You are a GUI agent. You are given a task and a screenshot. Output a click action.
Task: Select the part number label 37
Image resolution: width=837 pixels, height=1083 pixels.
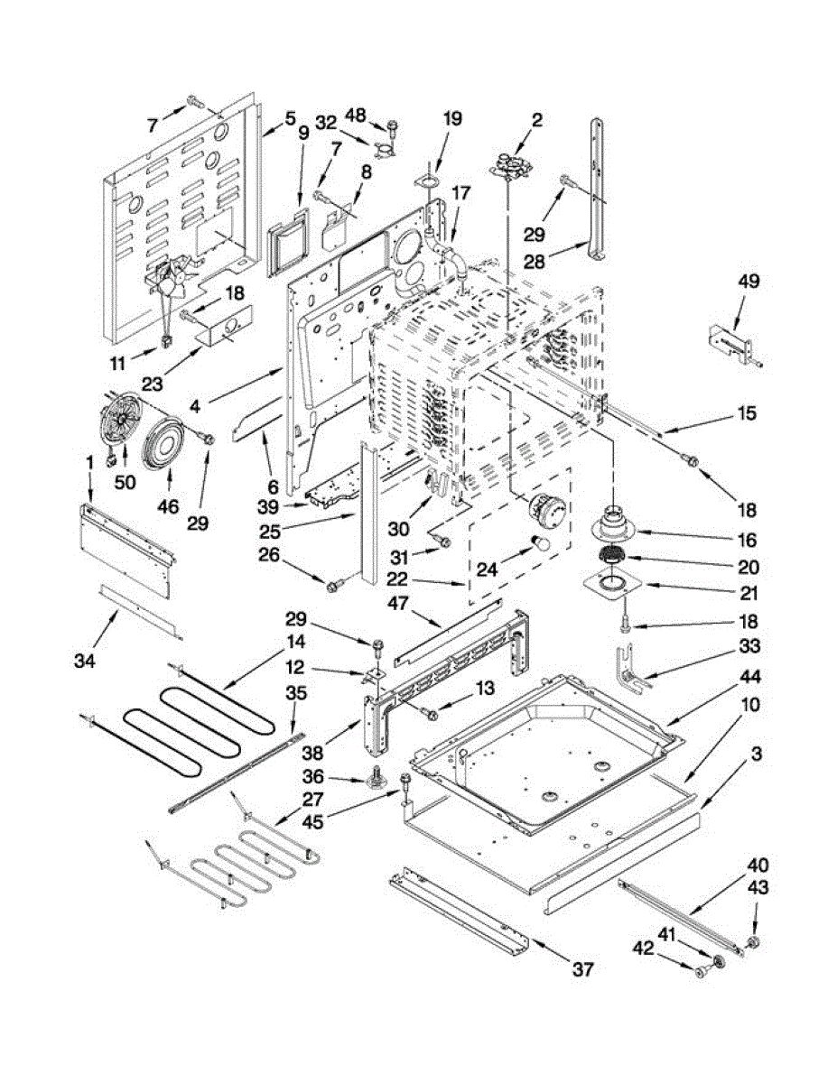[583, 969]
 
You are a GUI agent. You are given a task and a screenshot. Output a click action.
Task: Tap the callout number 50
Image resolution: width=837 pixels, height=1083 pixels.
[125, 482]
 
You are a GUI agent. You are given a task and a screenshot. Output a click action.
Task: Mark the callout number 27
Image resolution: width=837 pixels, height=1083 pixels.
[312, 800]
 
